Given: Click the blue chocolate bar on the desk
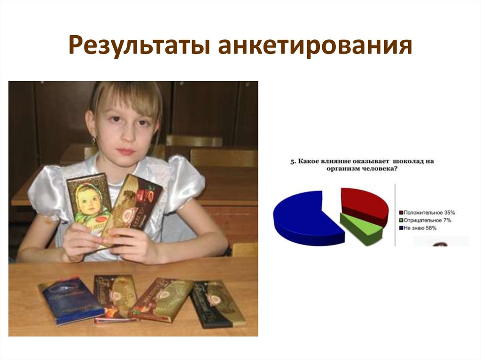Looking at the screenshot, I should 70,300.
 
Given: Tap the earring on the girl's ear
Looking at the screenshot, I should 94,139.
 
